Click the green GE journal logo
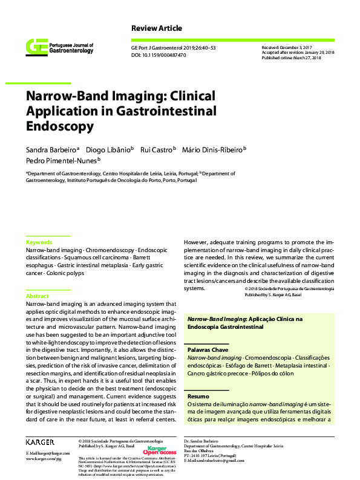36,47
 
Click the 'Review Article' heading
156,28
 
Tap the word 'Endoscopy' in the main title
59,127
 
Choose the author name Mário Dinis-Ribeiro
218,149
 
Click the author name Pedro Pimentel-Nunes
61,161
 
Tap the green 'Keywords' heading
39,242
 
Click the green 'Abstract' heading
37,296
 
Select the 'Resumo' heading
198,396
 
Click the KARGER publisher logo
41,443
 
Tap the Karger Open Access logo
159,450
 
